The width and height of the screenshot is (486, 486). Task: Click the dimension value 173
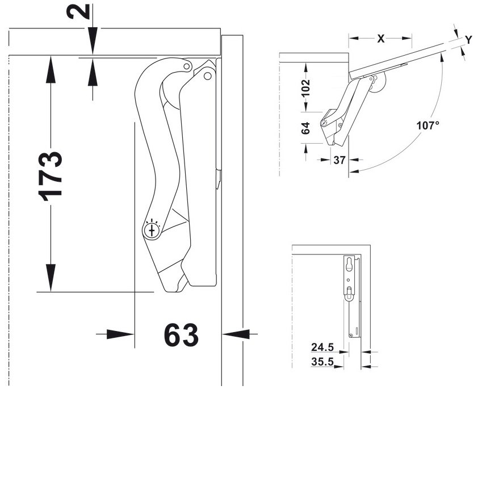(x=50, y=176)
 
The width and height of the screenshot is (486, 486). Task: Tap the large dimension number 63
(x=181, y=335)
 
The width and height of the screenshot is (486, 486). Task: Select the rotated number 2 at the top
(x=78, y=11)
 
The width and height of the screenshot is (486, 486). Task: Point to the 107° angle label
(x=428, y=125)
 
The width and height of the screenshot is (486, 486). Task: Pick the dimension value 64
(x=305, y=128)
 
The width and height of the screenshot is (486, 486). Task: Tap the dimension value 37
(x=340, y=160)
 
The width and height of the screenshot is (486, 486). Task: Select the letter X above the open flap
(x=380, y=39)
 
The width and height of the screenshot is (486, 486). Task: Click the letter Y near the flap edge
(x=468, y=40)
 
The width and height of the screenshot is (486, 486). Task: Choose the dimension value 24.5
(x=322, y=347)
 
